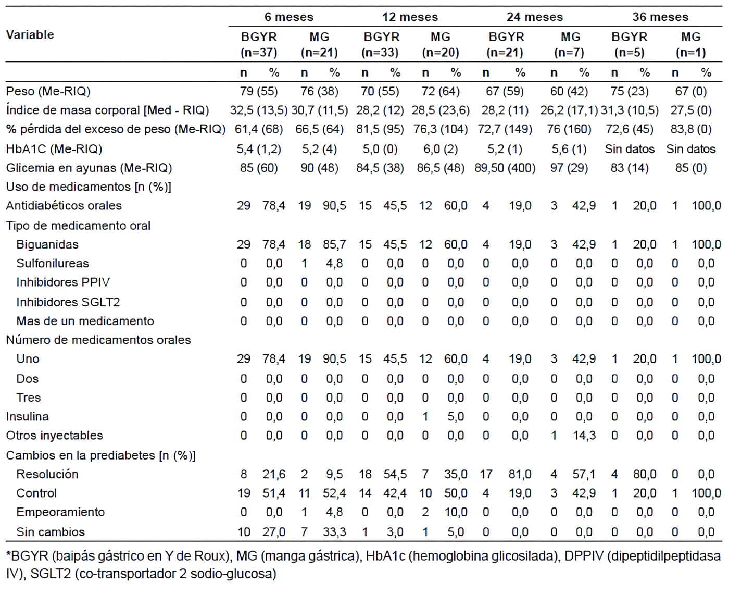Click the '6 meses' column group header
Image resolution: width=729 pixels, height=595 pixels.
point(288,17)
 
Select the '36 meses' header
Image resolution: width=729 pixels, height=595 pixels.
point(660,17)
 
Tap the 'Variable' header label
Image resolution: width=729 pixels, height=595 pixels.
point(30,35)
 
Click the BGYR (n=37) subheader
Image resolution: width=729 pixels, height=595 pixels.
point(259,45)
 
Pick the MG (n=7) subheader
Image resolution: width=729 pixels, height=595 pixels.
point(570,45)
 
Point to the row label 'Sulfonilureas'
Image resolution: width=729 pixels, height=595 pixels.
point(53,264)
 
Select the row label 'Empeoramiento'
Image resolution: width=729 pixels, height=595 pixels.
point(60,512)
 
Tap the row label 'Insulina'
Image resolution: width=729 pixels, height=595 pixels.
point(27,417)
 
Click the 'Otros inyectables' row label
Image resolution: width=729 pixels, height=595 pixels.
point(54,436)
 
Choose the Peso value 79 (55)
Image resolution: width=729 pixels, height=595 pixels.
point(259,92)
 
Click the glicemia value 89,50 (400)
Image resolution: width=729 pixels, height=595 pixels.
point(505,168)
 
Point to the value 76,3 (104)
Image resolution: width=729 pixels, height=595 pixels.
point(441,129)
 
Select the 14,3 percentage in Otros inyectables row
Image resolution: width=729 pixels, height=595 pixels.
point(584,436)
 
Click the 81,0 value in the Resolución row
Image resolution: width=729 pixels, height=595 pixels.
point(520,475)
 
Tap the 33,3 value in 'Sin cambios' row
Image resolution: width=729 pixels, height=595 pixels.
point(334,532)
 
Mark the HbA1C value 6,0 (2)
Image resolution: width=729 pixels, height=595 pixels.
point(441,149)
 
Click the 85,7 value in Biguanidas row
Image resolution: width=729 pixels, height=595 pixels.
point(334,245)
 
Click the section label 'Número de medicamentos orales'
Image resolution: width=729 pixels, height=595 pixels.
point(98,340)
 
